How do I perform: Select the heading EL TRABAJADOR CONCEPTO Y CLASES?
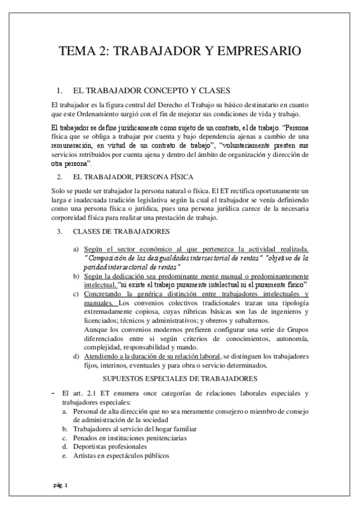(151, 91)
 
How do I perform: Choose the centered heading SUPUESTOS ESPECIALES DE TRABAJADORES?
(180, 379)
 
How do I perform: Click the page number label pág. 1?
(60, 485)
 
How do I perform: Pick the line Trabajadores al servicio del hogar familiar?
(131, 429)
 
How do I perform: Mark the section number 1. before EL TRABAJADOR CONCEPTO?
(59, 91)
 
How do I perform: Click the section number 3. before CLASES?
(59, 232)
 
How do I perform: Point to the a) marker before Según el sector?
(76, 249)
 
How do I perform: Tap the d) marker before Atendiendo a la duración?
(76, 356)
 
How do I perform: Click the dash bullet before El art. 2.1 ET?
(54, 393)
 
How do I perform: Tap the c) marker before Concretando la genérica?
(76, 294)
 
